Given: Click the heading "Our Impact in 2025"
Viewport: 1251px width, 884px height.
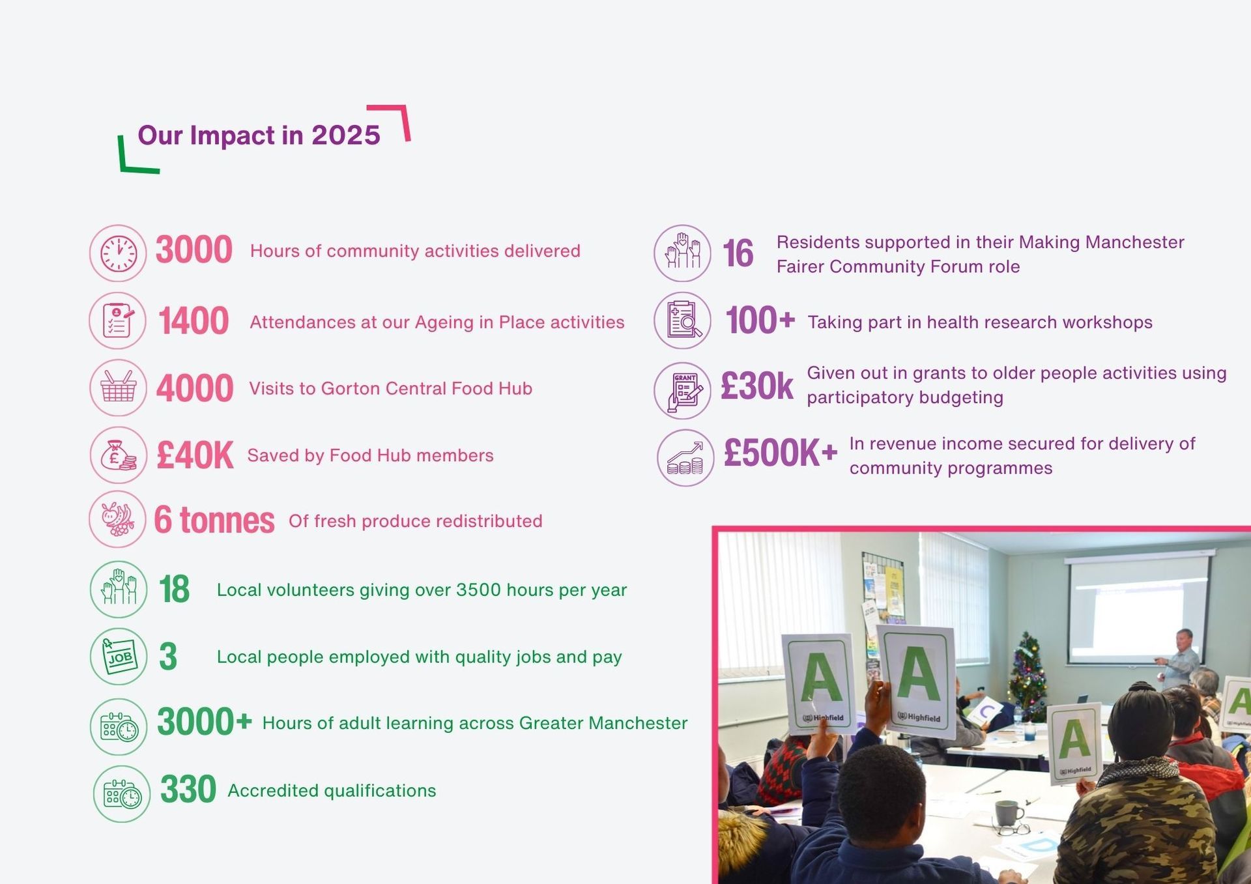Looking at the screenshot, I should (259, 135).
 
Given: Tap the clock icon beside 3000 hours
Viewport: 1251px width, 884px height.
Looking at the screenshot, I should (119, 253).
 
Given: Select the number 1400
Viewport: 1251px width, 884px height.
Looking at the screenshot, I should (194, 321).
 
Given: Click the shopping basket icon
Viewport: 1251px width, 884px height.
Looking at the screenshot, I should (119, 388).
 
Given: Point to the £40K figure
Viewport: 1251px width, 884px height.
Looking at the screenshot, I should (194, 455).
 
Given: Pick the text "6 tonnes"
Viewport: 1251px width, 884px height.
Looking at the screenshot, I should (214, 520).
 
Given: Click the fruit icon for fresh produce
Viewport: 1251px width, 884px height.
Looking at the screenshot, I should (118, 519).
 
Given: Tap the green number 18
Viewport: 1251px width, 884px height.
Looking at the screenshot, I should (174, 590).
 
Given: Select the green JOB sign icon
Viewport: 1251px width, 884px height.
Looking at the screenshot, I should (119, 657).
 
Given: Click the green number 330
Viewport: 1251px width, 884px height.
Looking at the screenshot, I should (188, 790).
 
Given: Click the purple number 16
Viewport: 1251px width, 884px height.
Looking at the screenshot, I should (738, 253).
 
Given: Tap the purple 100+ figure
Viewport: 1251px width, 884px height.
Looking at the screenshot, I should (760, 321).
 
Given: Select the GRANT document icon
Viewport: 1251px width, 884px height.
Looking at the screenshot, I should (683, 391).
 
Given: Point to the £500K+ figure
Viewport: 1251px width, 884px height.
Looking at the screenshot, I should (780, 453).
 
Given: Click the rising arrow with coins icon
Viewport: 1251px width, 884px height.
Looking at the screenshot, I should (685, 458).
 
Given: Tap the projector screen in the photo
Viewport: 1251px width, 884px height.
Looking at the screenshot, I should (1138, 609).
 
